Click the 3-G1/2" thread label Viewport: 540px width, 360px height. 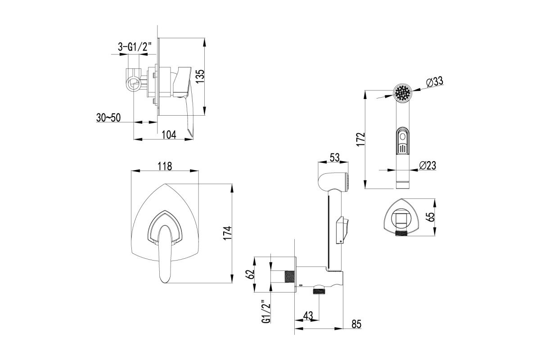[135, 47]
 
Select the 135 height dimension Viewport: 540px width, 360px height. [200, 76]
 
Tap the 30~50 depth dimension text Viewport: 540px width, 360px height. [108, 117]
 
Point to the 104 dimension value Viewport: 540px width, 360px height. [169, 135]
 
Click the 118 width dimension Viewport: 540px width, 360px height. [165, 166]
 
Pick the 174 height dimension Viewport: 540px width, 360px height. [227, 233]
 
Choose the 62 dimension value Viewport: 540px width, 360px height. [250, 274]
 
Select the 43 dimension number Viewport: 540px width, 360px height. [308, 316]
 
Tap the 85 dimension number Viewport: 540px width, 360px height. [356, 324]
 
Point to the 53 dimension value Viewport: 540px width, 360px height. [335, 157]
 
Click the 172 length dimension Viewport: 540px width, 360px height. [361, 139]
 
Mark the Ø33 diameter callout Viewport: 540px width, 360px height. [435, 82]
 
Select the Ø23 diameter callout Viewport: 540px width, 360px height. [427, 166]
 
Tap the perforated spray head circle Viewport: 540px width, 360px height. [402, 93]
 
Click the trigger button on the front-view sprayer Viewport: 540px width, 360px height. [402, 140]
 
